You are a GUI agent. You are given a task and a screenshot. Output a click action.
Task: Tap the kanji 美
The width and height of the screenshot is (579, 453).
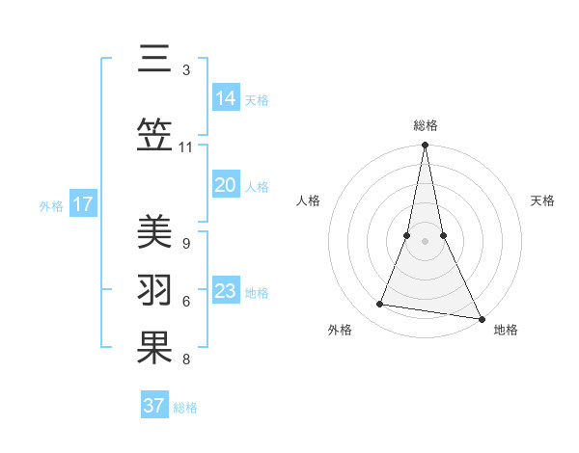coord(152,232)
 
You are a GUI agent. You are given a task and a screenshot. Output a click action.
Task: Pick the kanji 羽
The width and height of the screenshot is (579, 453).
coord(152,289)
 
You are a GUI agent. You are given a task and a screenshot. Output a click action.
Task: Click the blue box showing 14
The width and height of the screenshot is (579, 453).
coord(226,97)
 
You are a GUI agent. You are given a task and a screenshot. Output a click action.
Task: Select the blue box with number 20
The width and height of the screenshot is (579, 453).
coord(226,185)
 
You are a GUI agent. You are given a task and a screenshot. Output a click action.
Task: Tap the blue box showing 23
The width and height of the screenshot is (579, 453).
coord(226,291)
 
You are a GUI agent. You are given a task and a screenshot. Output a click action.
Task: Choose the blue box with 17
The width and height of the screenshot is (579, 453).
coord(83,204)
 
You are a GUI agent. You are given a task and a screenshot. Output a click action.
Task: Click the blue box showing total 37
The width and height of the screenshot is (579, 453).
coord(154,406)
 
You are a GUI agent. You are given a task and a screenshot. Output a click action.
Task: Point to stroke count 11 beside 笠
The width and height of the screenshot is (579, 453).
coord(185,147)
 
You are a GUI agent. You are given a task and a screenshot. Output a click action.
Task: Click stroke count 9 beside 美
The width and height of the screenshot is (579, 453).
coord(185,243)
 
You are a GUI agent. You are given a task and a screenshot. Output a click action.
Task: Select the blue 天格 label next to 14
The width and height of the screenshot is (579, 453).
coord(257,99)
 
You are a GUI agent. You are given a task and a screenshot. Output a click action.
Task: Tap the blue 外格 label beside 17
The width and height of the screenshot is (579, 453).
coord(51,205)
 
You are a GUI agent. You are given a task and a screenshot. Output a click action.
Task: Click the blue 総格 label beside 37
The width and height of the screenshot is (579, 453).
coord(185,408)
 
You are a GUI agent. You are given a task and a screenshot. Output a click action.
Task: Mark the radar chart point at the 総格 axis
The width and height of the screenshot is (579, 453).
coord(425,146)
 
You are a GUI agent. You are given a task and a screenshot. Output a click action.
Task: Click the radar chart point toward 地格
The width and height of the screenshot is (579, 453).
coord(481,318)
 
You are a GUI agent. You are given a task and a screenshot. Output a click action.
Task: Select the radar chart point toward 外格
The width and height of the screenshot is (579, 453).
coord(380,305)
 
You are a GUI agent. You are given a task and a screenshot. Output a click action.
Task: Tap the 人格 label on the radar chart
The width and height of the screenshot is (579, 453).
coord(308,200)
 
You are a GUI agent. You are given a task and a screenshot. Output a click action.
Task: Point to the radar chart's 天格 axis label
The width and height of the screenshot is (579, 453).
coord(542,200)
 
